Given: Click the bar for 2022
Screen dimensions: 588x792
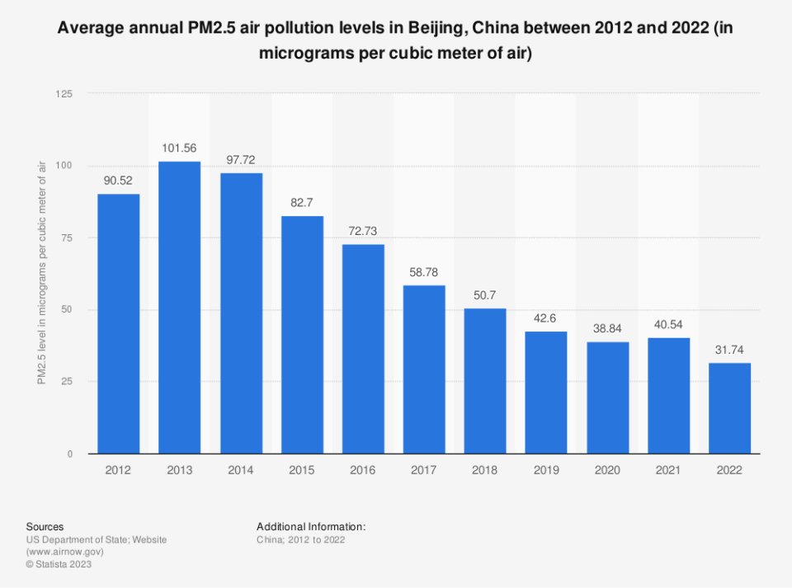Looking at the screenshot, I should tap(729, 407).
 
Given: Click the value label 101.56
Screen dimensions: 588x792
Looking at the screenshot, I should tap(179, 148).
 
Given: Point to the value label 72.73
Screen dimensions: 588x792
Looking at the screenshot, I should tap(362, 232).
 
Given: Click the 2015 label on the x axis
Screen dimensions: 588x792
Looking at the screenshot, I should tap(301, 470).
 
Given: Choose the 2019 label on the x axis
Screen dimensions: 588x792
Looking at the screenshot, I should tap(546, 470).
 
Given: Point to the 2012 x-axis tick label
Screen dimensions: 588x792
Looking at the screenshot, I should tap(118, 470).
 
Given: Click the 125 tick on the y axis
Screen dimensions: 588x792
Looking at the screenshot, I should tap(64, 94).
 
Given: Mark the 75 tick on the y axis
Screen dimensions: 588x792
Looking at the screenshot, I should tap(66, 238).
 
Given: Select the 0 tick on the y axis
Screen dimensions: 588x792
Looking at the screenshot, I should tap(69, 454).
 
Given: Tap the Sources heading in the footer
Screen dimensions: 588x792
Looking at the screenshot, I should tap(45, 526).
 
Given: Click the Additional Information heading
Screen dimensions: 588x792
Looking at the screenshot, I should tap(310, 526).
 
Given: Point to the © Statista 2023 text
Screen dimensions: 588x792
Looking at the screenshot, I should tap(59, 565).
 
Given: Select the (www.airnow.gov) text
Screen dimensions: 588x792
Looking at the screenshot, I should tap(64, 553).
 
